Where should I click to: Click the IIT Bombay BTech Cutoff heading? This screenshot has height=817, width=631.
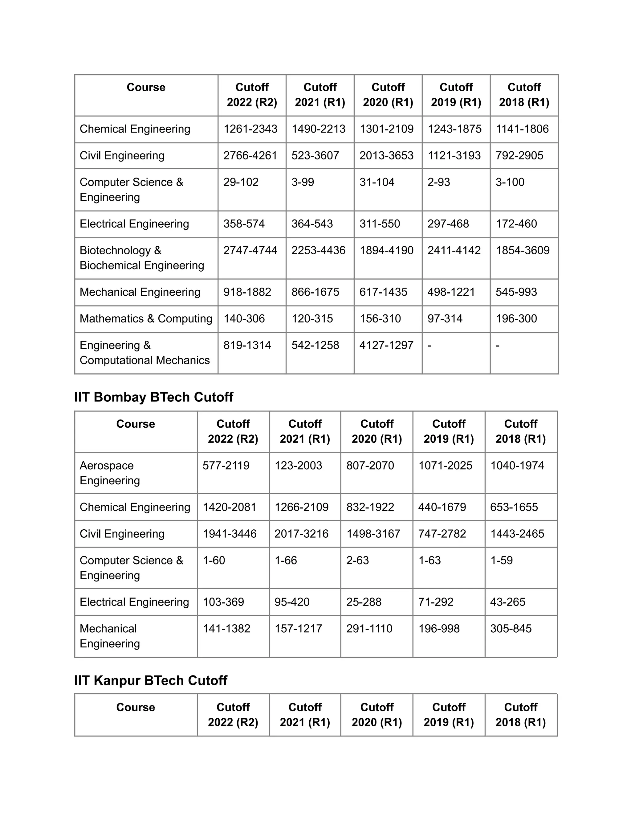(x=154, y=397)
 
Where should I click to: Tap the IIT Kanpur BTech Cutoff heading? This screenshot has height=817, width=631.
(x=151, y=680)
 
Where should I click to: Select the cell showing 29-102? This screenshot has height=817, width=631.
(x=241, y=182)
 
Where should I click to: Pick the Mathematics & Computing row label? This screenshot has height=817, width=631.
(x=146, y=318)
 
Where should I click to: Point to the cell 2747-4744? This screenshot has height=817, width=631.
(x=250, y=250)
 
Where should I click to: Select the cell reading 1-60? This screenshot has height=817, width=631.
(x=214, y=560)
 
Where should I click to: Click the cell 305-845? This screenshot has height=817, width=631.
(x=511, y=628)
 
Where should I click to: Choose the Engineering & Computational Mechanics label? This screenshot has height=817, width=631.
(x=145, y=352)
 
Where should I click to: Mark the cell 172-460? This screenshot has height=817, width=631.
(x=516, y=224)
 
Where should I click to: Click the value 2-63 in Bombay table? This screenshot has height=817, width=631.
(x=357, y=560)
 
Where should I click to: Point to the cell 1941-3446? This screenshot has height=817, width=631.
(x=230, y=534)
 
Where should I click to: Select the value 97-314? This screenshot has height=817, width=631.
(x=445, y=318)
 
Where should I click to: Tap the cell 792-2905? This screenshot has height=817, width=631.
(x=519, y=156)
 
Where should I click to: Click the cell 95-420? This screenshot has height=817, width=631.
(x=292, y=602)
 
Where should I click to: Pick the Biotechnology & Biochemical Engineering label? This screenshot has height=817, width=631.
(x=142, y=258)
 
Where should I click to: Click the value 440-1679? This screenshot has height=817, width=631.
(x=442, y=507)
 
